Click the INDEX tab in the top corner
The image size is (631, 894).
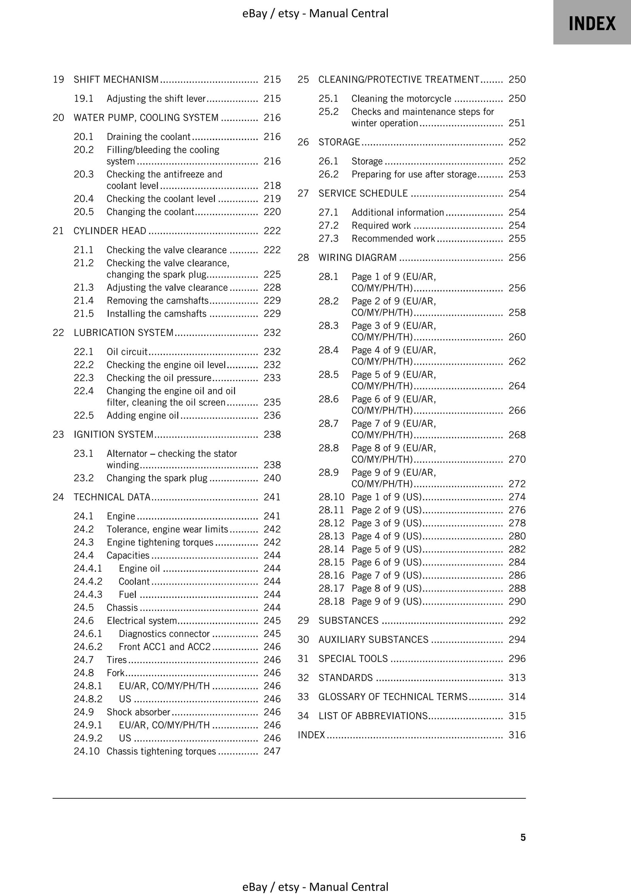pos(592,23)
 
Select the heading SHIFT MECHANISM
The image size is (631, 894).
pos(116,80)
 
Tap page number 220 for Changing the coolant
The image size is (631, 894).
pos(272,212)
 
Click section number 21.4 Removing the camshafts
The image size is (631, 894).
pos(83,301)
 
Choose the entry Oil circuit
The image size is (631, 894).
pos(127,352)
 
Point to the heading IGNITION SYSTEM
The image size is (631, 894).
pos(114,435)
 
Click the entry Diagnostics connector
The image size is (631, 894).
pos(164,634)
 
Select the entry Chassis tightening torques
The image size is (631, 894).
pos(161,751)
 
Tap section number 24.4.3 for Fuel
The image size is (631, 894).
pos(88,595)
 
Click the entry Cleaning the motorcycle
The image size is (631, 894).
pos(401,99)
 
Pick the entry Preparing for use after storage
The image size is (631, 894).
pos(414,174)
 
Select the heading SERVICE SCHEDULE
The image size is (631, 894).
pos(363,193)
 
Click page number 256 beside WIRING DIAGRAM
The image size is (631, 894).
pos(517,257)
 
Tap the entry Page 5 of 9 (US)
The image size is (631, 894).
pos(386,549)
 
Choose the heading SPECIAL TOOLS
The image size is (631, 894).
pos(353,659)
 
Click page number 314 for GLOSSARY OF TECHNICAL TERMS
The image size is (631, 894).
pos(517,697)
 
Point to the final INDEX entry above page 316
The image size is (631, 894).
pos(311,735)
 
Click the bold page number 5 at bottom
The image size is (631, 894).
pos(523,838)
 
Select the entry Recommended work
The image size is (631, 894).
pos(393,239)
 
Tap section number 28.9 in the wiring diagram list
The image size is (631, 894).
pos(328,473)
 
